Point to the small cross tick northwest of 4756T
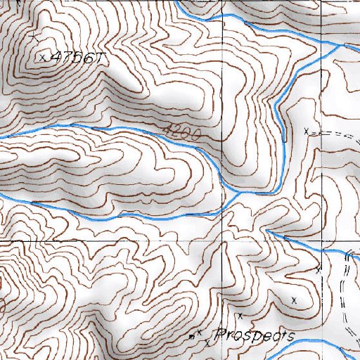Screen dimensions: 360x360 (x=34, y=34)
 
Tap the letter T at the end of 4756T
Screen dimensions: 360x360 (x=99, y=59)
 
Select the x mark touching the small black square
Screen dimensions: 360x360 (x=199, y=332)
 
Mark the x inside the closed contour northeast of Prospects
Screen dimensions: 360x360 (x=294, y=300)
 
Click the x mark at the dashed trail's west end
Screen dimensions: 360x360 (x=306, y=131)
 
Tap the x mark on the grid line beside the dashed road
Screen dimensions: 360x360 (x=319, y=268)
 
